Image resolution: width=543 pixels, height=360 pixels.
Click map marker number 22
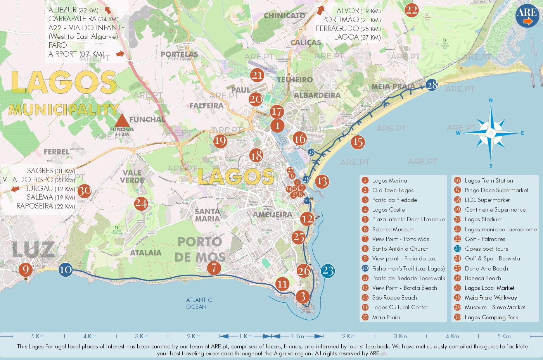pos(412,10)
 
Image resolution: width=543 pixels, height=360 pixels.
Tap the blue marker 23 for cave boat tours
pos(328,271)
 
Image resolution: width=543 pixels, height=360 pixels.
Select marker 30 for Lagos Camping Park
pos(85,191)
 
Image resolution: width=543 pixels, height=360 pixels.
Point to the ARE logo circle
pos(527,16)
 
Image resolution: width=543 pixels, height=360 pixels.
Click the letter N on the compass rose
pos(491,100)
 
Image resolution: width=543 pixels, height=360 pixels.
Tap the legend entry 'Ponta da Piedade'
pos(394,200)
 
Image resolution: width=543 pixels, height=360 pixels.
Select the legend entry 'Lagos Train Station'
pos(489,181)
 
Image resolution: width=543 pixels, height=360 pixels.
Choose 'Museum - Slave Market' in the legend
pos(495,307)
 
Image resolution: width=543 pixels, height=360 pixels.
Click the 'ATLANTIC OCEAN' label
pos(199,303)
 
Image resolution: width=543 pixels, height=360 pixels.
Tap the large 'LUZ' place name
pos(33,250)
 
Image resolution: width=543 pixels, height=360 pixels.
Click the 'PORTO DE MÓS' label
pos(200,249)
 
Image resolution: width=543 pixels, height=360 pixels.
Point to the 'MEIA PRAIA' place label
pos(393,86)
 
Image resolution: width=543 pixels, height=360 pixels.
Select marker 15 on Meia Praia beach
pos(358,142)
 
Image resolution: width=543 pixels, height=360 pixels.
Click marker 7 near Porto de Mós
pos(214,267)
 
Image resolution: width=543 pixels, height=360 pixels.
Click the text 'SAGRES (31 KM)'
pos(50,171)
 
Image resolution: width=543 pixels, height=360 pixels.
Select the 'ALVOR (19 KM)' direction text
pos(358,11)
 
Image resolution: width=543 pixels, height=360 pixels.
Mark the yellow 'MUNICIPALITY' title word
pos(64,110)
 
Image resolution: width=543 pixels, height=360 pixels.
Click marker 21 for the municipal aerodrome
pos(257,75)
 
